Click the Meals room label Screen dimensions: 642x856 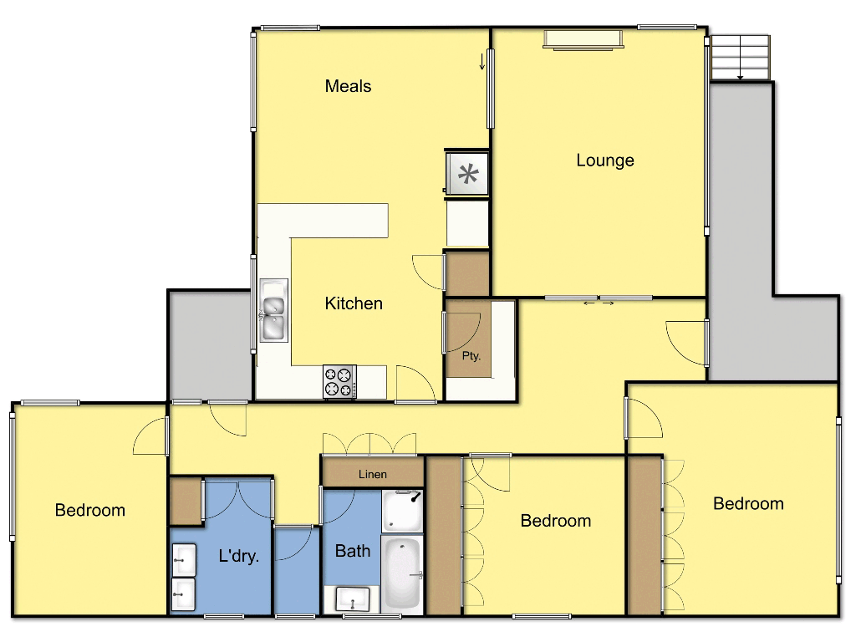click(348, 86)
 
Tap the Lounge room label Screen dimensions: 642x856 click(605, 160)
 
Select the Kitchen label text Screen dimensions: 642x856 click(354, 303)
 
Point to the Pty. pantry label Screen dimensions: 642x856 click(471, 355)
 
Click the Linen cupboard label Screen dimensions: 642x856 click(373, 475)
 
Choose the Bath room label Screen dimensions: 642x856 click(353, 551)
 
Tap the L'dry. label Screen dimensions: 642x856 click(238, 555)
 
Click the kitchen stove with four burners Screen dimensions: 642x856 click(339, 382)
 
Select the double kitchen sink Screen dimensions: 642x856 click(273, 309)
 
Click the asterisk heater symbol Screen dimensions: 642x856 click(468, 175)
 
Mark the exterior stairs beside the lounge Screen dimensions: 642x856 click(740, 57)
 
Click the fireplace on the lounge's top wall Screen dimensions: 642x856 click(584, 39)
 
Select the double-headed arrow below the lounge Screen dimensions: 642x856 click(599, 303)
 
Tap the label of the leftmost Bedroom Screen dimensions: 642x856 click(90, 510)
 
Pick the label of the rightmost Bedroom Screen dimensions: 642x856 click(748, 503)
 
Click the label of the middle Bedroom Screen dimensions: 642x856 click(556, 521)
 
